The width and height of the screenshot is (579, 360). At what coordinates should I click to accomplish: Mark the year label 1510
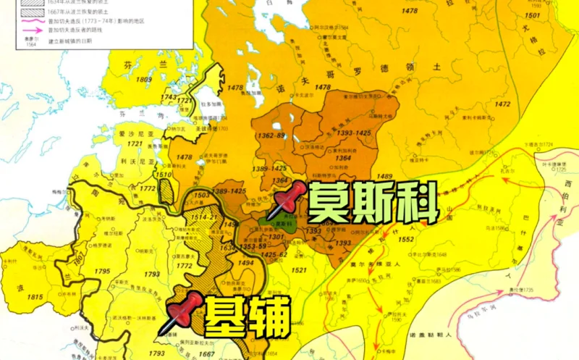(x=164, y=175)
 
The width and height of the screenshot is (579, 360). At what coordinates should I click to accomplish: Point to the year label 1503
(x=202, y=195)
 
